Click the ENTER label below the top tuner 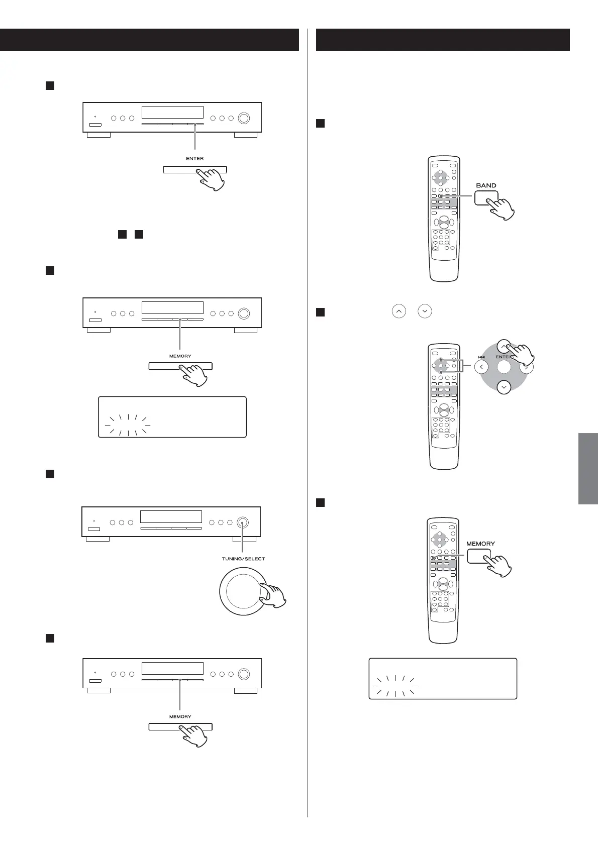195,158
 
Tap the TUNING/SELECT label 243,559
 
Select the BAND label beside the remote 486,185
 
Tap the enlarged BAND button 486,198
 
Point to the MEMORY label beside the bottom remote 480,544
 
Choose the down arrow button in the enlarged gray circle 504,387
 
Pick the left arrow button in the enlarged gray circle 481,367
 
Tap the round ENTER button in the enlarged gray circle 504,367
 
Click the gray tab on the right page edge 588,468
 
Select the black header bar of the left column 149,40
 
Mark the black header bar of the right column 443,40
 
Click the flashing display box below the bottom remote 443,678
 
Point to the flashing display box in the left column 172,417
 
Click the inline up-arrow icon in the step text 398,312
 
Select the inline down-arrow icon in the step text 425,312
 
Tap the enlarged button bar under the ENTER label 195,170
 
